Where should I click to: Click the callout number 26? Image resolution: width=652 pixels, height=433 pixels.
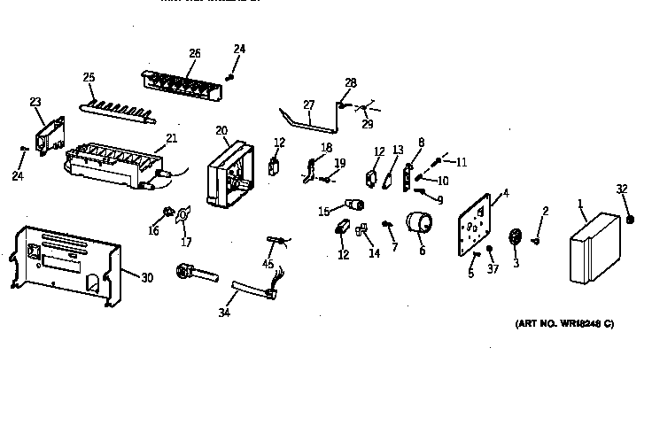(194, 53)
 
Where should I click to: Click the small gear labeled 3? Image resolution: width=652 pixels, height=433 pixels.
(514, 239)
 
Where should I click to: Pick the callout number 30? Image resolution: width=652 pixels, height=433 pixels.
(146, 277)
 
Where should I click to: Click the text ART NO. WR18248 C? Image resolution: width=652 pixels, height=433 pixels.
(564, 324)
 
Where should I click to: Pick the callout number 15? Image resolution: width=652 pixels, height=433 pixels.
(323, 211)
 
